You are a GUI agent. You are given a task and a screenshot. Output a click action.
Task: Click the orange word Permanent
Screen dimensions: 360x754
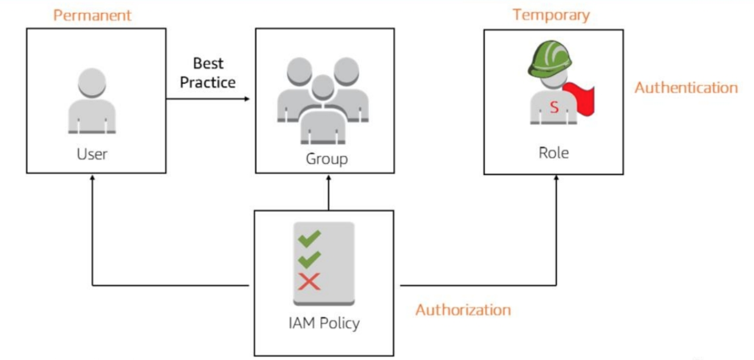click(92, 15)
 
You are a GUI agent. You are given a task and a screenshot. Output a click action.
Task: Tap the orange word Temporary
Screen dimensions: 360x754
click(551, 15)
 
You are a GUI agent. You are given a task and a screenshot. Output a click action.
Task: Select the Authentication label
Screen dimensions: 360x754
click(686, 88)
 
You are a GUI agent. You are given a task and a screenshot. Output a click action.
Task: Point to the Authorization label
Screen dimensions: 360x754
click(463, 309)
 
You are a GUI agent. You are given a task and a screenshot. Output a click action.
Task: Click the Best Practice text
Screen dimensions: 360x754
click(208, 73)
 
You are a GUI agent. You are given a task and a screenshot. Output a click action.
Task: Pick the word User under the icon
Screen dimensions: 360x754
click(92, 154)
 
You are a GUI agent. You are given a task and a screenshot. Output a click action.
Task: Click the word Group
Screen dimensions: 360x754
click(327, 159)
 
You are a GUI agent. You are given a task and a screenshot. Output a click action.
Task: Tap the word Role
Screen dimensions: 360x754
click(553, 152)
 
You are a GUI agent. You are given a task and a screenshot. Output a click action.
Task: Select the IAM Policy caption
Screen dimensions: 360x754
click(324, 323)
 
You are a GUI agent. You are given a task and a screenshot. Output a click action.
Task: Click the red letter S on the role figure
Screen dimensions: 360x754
click(554, 107)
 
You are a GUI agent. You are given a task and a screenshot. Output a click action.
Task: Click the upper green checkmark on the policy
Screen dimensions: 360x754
click(309, 238)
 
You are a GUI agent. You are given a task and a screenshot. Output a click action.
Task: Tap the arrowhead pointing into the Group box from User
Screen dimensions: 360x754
click(248, 98)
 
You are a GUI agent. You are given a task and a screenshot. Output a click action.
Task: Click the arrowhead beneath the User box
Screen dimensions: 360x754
click(92, 178)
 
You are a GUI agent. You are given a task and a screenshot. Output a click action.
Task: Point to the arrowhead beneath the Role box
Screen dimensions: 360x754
click(556, 178)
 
